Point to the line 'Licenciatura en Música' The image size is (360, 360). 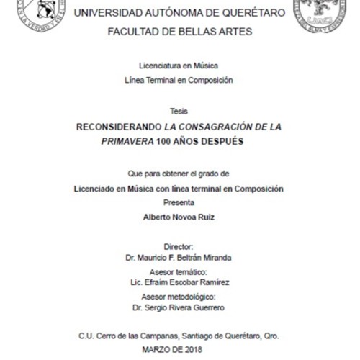click(179, 65)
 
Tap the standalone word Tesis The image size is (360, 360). click(179, 111)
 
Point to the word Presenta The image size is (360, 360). click(179, 202)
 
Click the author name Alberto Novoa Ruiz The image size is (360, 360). click(179, 217)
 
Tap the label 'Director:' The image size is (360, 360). click(179, 246)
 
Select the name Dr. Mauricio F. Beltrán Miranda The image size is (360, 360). click(179, 256)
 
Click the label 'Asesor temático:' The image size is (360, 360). click(179, 272)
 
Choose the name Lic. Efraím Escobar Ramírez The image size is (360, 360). click(179, 283)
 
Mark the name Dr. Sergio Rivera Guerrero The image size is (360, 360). click(179, 308)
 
